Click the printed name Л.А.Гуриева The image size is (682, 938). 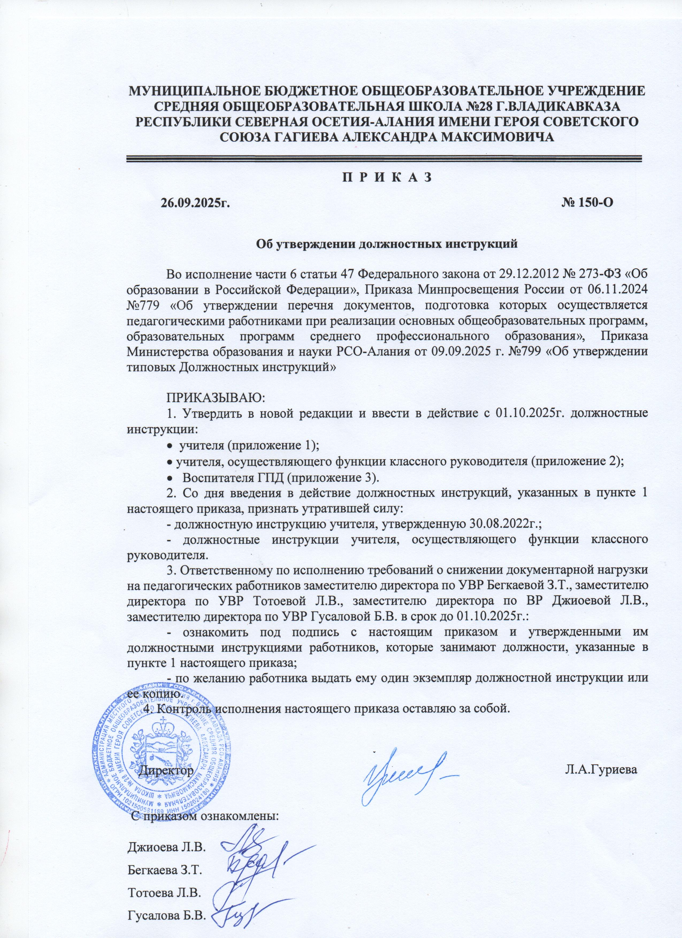click(x=601, y=769)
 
